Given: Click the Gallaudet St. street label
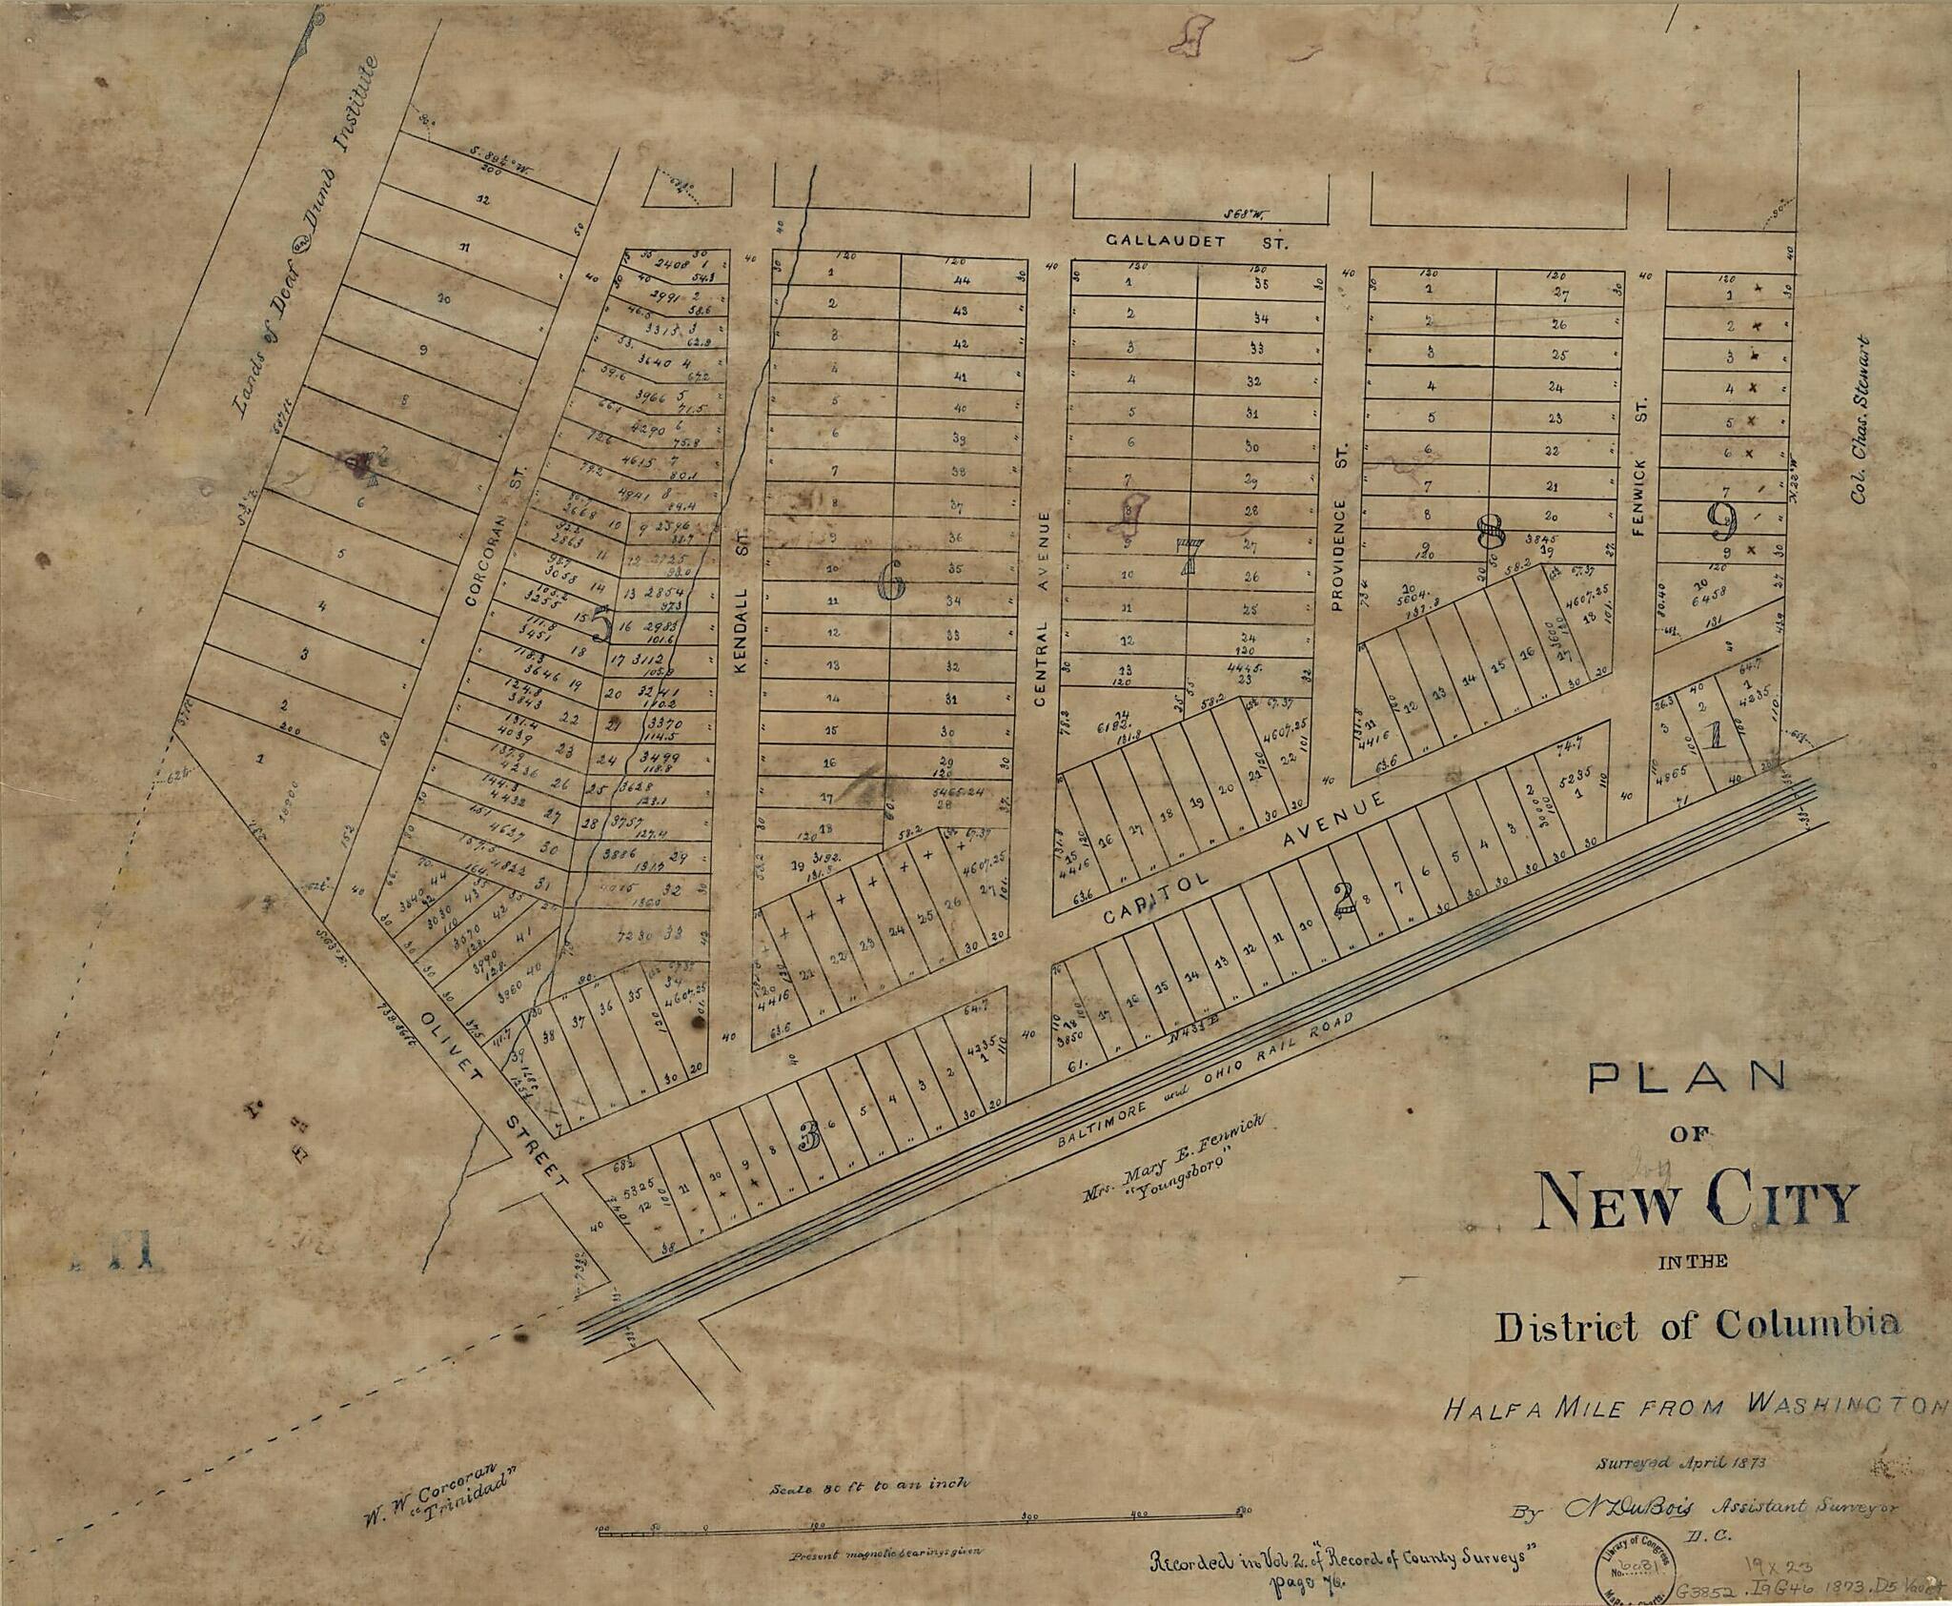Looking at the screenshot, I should click(1196, 243).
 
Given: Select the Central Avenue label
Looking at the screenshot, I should click(1041, 610).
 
